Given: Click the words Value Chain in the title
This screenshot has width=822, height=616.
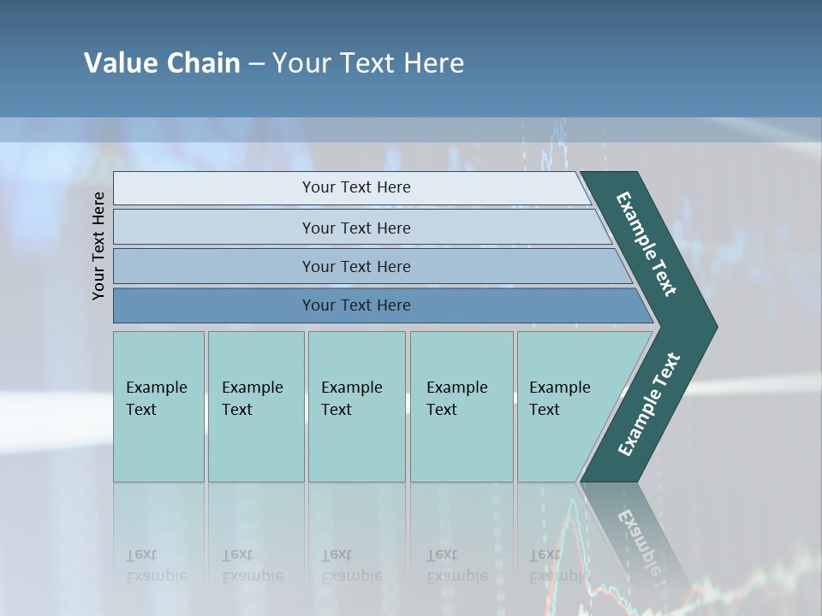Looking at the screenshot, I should point(162,63).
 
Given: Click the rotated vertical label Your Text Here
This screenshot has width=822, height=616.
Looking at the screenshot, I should point(98,246).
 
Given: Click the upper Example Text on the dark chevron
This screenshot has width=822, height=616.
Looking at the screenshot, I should point(646,244).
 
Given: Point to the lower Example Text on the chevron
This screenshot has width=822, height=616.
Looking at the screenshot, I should point(649,405).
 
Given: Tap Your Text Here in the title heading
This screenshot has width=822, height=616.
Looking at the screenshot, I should point(368,63).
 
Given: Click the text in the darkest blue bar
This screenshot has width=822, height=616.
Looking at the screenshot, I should point(356,305).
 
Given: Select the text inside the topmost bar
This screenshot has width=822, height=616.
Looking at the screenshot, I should point(356,187).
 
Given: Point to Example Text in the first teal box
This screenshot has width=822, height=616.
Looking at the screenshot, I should point(156,399).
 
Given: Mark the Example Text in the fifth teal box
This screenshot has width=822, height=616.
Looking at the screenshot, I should point(559,399).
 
